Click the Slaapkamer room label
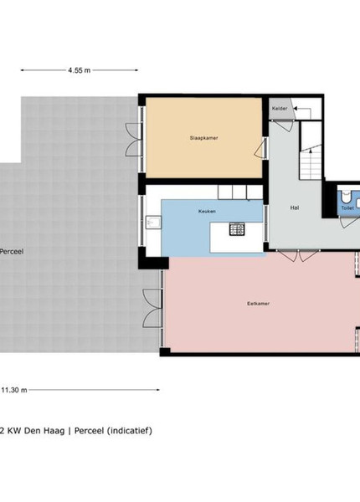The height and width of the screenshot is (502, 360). pos(203,138)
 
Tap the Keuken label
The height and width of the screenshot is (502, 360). pos(207,212)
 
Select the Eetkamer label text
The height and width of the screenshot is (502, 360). pos(258,303)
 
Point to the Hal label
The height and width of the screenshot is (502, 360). pos(295,207)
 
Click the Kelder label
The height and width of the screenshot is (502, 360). pos(280,109)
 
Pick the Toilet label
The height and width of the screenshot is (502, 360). pos(347,208)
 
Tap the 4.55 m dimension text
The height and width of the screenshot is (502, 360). pos(79,70)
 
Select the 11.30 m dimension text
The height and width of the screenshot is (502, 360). pos(14,390)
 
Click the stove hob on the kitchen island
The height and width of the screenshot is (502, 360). pos(237,228)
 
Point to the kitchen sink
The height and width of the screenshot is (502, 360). pos(153,223)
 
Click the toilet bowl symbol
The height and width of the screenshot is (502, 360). pos(346,196)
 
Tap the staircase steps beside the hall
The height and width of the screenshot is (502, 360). pos(311,164)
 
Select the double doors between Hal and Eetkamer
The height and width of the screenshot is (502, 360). pos(299,256)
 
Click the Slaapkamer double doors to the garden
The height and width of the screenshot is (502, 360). pos(133,140)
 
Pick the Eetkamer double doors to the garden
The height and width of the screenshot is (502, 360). pos(152,308)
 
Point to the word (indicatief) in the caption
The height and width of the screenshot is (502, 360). pos(130,431)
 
